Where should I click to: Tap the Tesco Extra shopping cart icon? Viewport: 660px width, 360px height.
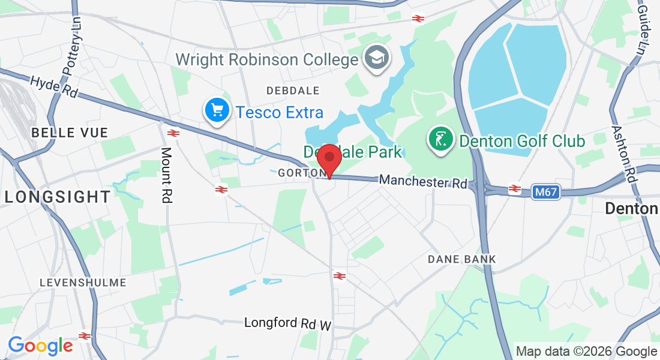click(x=217, y=110)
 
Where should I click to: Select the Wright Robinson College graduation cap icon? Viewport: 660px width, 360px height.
click(x=377, y=58)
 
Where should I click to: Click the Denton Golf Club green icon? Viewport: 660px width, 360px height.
click(x=440, y=140)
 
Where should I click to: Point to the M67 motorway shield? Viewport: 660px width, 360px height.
click(x=545, y=192)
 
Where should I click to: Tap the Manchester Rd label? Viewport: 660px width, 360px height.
click(x=423, y=181)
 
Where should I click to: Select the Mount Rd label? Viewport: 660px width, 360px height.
click(x=167, y=175)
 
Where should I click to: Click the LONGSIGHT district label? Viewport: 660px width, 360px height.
click(x=58, y=196)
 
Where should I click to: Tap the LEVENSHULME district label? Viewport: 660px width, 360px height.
click(x=83, y=282)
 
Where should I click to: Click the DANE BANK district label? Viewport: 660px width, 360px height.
click(x=462, y=259)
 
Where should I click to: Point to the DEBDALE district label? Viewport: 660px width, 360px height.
click(x=293, y=91)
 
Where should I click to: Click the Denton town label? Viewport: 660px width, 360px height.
click(x=631, y=209)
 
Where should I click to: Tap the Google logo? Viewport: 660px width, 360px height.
click(x=40, y=346)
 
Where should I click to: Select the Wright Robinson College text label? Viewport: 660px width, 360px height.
click(x=266, y=60)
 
